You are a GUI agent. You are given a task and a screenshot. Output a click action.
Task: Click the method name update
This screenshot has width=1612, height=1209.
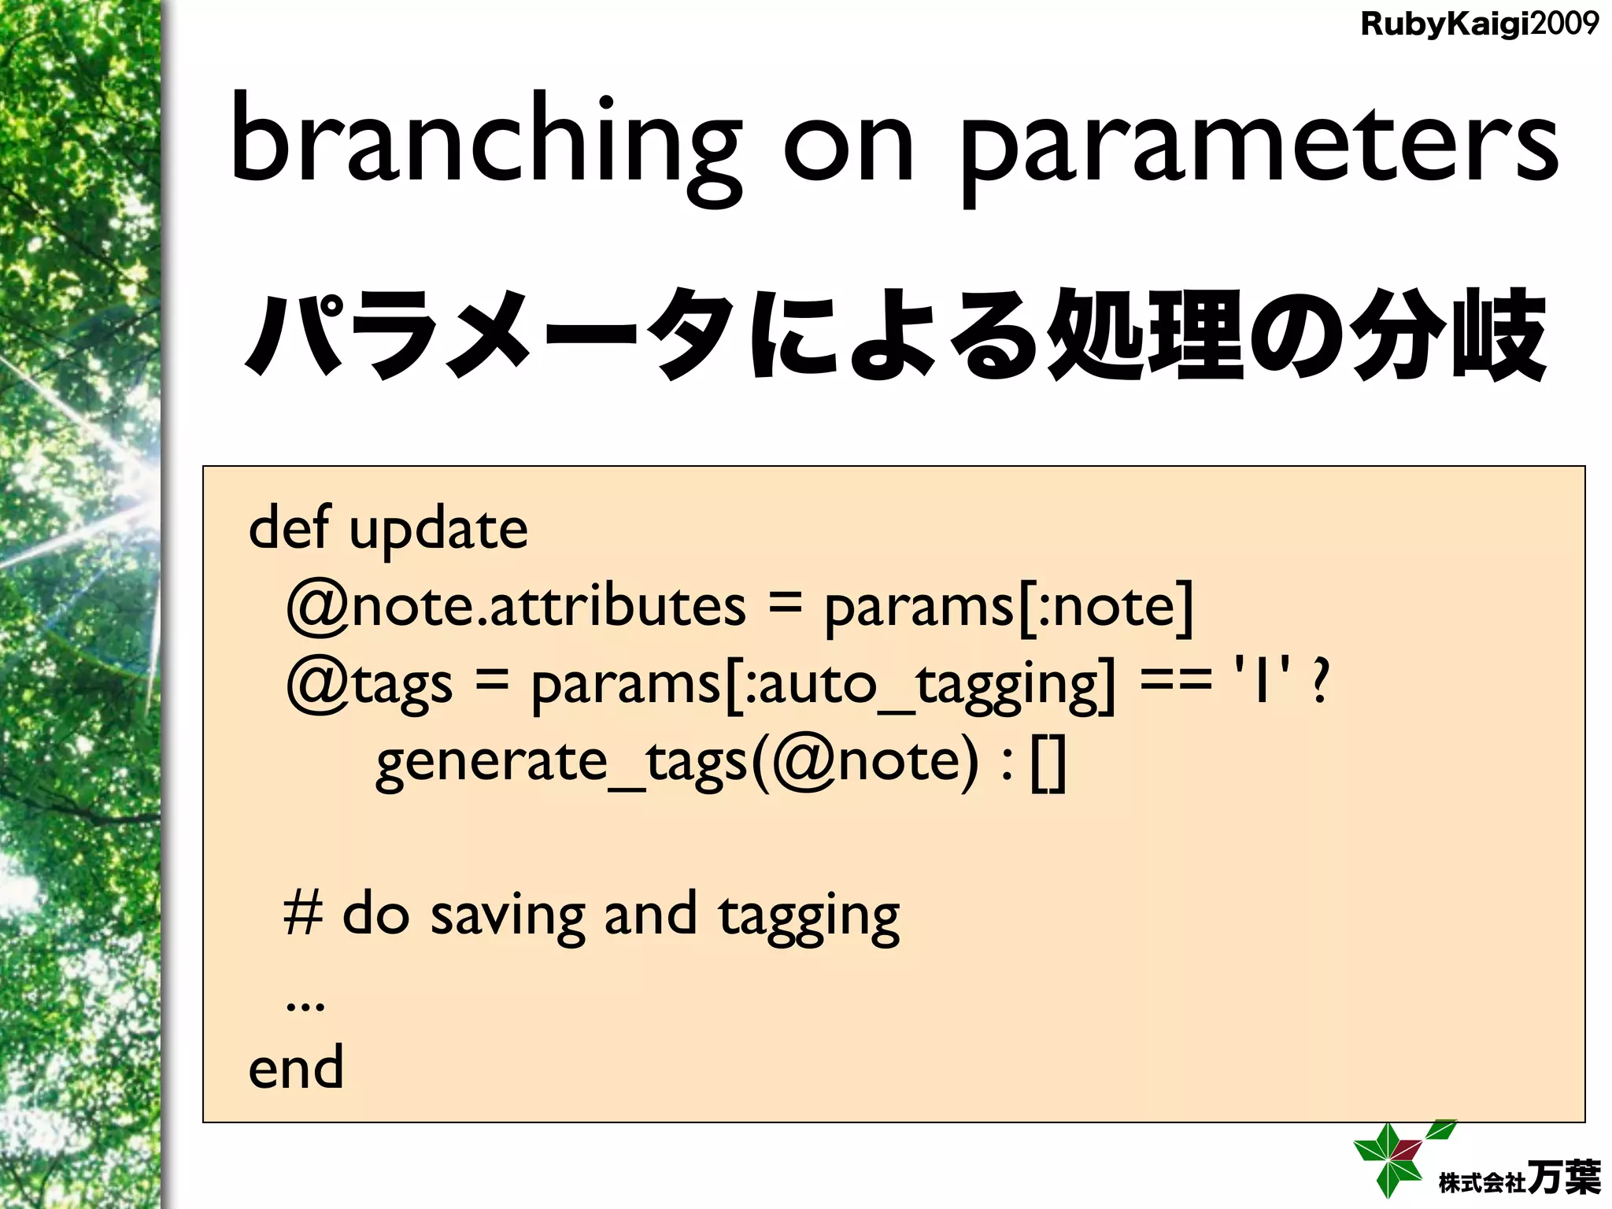(x=438, y=530)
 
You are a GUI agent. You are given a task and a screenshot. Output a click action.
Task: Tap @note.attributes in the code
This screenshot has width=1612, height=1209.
(x=516, y=606)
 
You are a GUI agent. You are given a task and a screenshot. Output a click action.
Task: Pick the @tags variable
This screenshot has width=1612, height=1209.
(x=369, y=683)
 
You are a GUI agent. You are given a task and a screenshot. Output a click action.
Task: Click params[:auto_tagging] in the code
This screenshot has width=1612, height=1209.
(x=823, y=683)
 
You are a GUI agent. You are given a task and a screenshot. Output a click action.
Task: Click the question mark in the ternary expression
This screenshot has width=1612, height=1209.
(x=1321, y=682)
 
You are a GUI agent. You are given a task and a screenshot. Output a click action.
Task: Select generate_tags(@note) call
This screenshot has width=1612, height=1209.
(x=677, y=762)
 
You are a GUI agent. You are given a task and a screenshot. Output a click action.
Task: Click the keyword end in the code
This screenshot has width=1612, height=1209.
(x=296, y=1068)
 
